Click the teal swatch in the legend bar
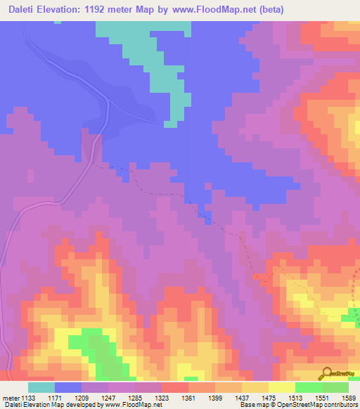(x=41, y=387)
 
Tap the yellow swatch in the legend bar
(x=282, y=387)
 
